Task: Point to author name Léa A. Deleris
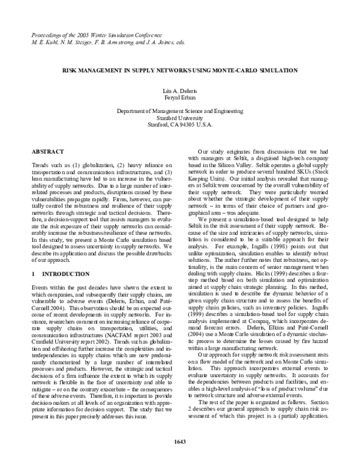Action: click(x=179, y=89)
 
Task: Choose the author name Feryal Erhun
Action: click(x=179, y=96)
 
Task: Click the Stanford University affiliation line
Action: click(x=179, y=118)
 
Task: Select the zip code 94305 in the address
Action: click(x=187, y=125)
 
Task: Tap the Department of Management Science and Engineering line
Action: click(x=179, y=112)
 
